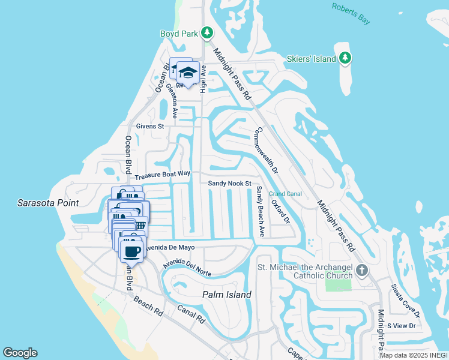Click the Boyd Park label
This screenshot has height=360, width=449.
pyautogui.click(x=178, y=34)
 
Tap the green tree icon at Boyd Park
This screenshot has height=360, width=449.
pyautogui.click(x=207, y=33)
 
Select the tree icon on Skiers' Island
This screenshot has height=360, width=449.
pyautogui.click(x=345, y=58)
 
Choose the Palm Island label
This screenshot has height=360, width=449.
pyautogui.click(x=226, y=295)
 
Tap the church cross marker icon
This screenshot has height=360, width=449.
pyautogui.click(x=361, y=270)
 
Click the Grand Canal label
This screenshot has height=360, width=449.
pyautogui.click(x=285, y=194)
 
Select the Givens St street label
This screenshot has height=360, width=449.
pyautogui.click(x=149, y=127)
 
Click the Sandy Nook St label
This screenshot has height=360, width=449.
pyautogui.click(x=229, y=184)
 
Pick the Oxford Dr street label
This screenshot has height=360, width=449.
pyautogui.click(x=280, y=212)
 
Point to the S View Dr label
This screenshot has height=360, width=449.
pyautogui.click(x=401, y=325)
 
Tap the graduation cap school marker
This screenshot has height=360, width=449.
pyautogui.click(x=188, y=73)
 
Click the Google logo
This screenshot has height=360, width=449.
pyautogui.click(x=20, y=353)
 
